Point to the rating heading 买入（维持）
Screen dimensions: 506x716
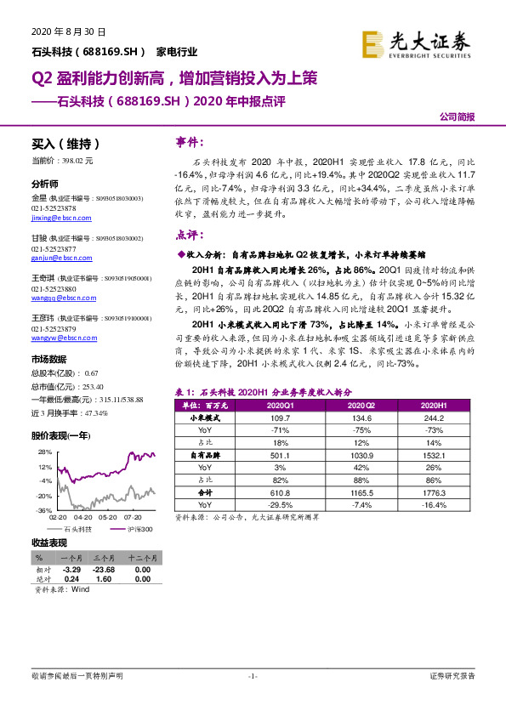[60, 145]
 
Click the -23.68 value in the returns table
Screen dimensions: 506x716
[105, 570]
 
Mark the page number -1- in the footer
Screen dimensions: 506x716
[252, 676]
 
